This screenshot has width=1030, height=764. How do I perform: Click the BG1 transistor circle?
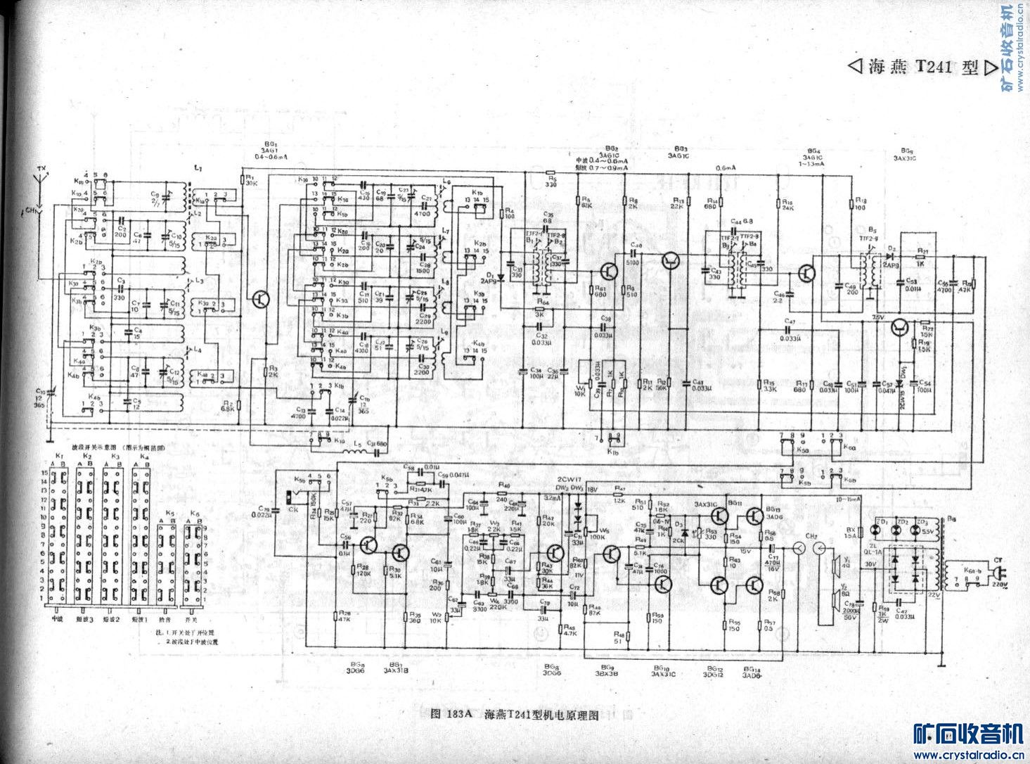pos(262,298)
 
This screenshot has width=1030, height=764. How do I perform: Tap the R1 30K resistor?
pos(243,179)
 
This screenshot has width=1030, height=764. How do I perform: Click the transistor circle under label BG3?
pos(670,261)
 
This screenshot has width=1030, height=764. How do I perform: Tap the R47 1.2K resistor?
pos(619,493)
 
